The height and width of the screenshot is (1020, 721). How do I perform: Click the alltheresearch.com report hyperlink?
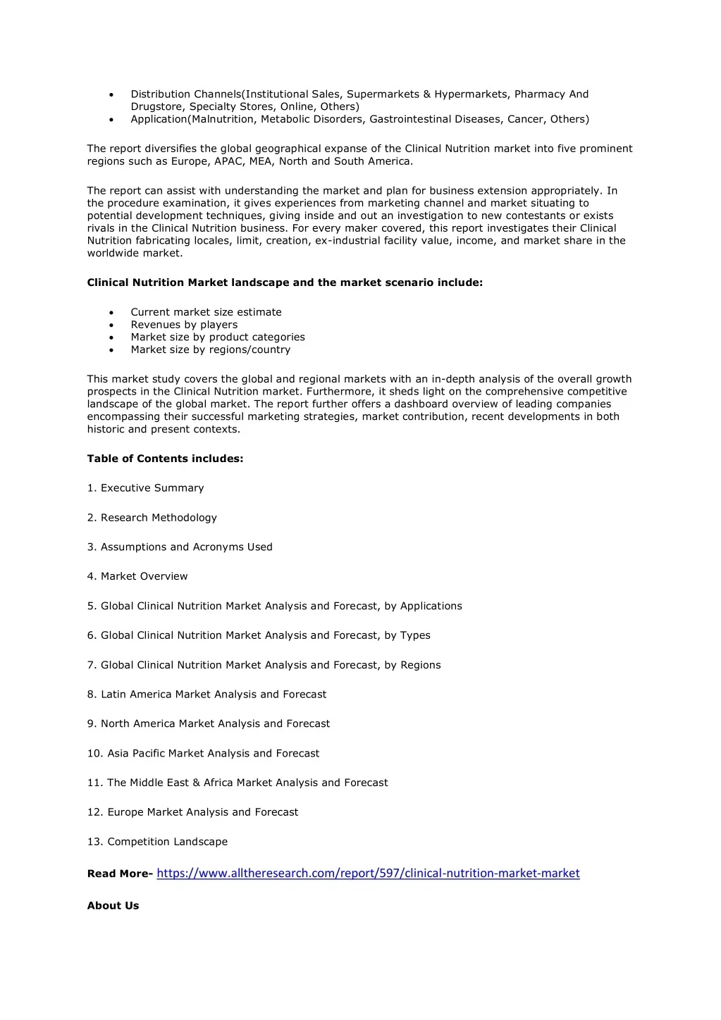(x=368, y=873)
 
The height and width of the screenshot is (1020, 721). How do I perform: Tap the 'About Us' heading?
(x=113, y=906)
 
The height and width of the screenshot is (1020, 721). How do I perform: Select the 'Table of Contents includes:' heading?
(x=165, y=459)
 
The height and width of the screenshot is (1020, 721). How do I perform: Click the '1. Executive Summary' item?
(x=145, y=488)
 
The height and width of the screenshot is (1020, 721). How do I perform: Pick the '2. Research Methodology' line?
(x=152, y=518)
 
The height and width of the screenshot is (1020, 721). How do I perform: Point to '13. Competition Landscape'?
(x=157, y=842)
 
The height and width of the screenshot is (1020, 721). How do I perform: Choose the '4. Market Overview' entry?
(x=137, y=576)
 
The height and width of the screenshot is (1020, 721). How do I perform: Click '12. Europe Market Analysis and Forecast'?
(x=192, y=812)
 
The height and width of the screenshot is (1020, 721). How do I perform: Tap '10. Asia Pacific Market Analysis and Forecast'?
(x=203, y=753)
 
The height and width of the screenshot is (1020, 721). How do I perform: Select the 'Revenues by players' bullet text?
(x=184, y=325)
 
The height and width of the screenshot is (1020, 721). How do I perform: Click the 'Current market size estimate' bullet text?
(x=206, y=312)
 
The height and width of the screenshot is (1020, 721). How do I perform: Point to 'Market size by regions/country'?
(x=210, y=349)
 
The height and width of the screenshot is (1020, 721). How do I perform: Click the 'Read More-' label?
(x=120, y=874)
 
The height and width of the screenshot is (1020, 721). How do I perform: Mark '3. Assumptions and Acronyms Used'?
(x=180, y=547)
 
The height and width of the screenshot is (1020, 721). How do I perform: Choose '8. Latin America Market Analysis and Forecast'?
(x=207, y=695)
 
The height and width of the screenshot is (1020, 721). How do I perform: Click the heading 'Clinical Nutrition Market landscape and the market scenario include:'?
(x=285, y=282)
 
